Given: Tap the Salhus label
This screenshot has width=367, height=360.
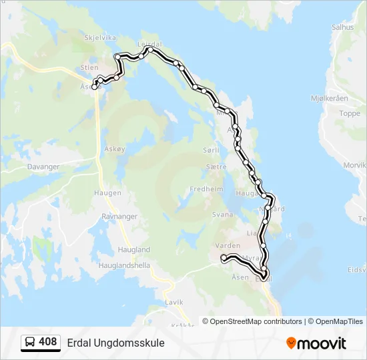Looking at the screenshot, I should click(x=342, y=27).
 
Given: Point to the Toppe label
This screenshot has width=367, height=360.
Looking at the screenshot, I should click(x=349, y=113).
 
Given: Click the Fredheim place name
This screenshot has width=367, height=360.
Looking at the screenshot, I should click(x=206, y=189).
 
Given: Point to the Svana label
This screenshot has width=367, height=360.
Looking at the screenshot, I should click(x=223, y=215).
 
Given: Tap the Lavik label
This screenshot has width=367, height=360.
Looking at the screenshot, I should click(x=173, y=302).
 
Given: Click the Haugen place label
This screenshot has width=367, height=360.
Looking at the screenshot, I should click(x=108, y=193).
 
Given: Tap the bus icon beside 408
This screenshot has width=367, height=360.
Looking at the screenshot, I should click(x=31, y=343).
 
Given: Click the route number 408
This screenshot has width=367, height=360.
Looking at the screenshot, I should click(x=48, y=342).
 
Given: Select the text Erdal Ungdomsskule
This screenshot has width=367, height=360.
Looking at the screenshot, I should click(x=115, y=343).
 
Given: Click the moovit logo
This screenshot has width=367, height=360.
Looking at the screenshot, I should click(x=316, y=343).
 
